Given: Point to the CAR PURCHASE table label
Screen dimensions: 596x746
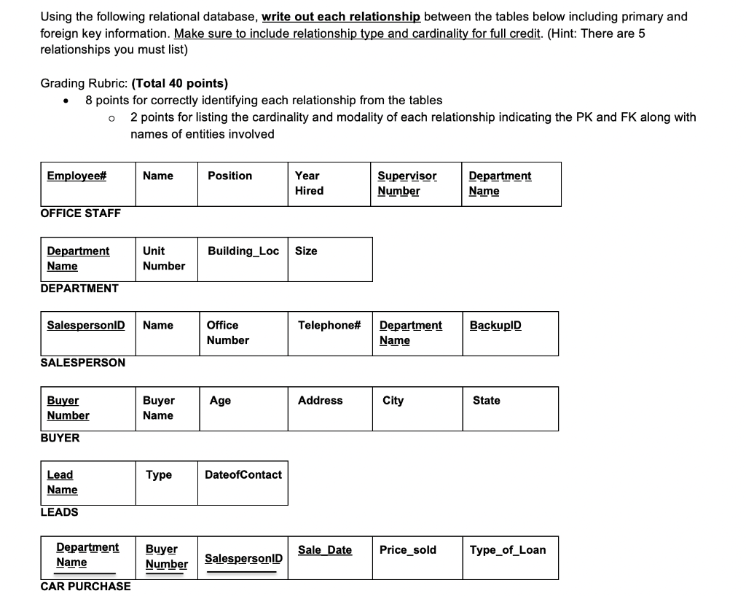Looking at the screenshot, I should coord(86,587).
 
